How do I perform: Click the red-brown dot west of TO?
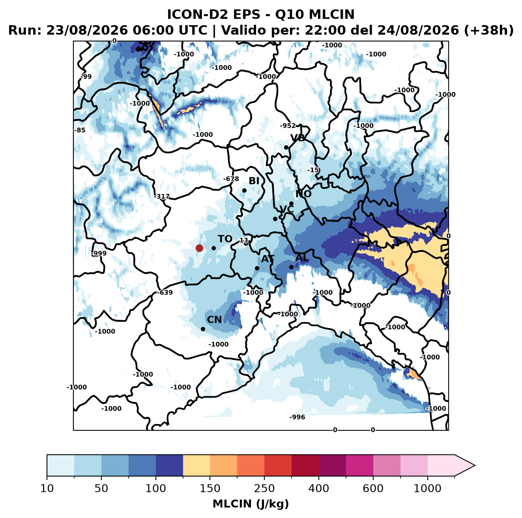[x=199, y=248]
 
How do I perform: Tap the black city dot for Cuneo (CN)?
[x=203, y=329]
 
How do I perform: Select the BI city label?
[x=254, y=181]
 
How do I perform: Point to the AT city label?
[x=268, y=259]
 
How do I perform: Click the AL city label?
[x=302, y=257]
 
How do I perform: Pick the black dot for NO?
[x=291, y=203]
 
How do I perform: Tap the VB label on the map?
[x=298, y=138]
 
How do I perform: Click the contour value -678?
[x=231, y=179]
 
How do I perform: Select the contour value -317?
[x=162, y=197]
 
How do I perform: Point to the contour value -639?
[x=165, y=293]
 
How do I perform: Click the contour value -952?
[x=288, y=126]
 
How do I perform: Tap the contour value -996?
[x=297, y=417]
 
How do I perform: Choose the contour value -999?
[x=99, y=253]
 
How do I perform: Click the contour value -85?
[x=80, y=130]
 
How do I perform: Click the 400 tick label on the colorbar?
[x=318, y=488]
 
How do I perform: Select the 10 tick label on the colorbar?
[x=47, y=488]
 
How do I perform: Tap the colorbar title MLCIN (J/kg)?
[x=251, y=504]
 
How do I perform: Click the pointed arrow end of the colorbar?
[x=475, y=465]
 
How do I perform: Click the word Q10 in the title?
[x=290, y=14]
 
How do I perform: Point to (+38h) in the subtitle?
[x=489, y=30]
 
